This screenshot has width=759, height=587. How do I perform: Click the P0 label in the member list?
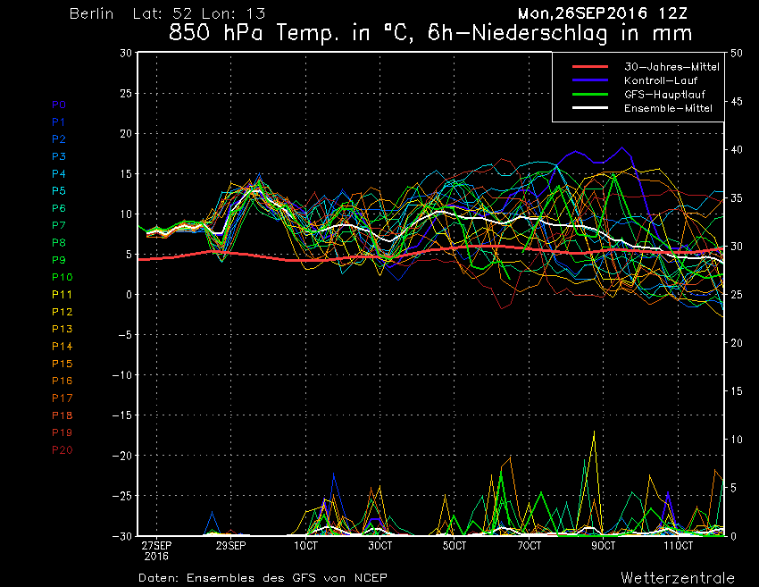click(59, 105)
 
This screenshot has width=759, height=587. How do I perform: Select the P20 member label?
click(62, 450)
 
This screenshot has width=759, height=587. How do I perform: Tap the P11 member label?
click(62, 295)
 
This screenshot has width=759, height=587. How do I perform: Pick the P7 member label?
click(59, 225)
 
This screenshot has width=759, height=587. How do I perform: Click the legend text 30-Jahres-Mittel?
click(671, 67)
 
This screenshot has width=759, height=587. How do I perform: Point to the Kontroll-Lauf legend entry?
click(660, 80)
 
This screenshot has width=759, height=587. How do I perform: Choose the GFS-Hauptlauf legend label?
click(664, 94)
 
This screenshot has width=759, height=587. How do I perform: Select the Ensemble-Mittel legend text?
click(668, 108)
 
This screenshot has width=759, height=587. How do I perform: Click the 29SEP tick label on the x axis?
click(231, 546)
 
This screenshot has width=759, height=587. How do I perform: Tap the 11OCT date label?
click(678, 546)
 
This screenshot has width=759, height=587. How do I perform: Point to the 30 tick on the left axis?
click(125, 53)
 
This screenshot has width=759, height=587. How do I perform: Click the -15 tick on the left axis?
click(122, 415)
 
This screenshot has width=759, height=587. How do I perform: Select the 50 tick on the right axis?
click(737, 53)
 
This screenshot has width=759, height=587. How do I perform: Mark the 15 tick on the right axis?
click(737, 390)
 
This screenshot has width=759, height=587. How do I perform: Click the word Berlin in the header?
click(91, 13)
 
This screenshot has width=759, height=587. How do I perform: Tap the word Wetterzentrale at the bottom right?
click(678, 578)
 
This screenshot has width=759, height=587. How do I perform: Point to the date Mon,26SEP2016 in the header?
click(582, 13)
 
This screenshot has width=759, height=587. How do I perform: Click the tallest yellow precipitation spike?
click(594, 431)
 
